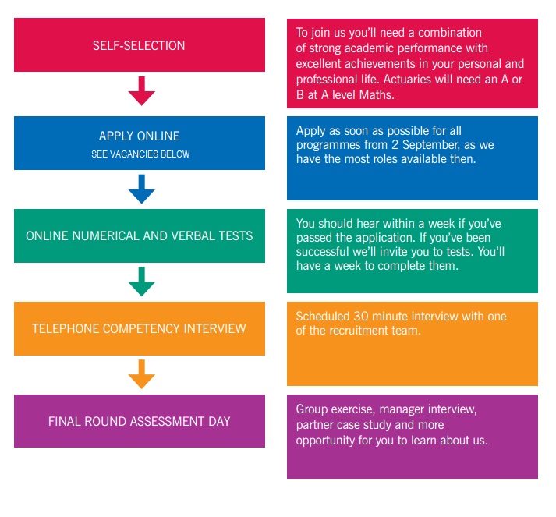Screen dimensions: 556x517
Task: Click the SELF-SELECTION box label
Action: pyautogui.click(x=139, y=46)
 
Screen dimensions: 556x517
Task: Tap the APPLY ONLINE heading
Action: pyautogui.click(x=139, y=136)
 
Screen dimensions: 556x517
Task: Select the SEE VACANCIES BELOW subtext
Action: pyautogui.click(x=140, y=154)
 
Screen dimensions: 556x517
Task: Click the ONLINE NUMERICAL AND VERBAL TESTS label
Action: pyautogui.click(x=139, y=235)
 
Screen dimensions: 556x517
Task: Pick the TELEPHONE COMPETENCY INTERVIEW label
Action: pyautogui.click(x=139, y=329)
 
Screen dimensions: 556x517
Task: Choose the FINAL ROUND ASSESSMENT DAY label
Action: pyautogui.click(x=139, y=421)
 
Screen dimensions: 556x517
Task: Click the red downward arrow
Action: pyautogui.click(x=141, y=90)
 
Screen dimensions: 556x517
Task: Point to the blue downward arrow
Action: pyautogui.click(x=141, y=189)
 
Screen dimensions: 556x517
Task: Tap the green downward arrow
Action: pyautogui.click(x=141, y=282)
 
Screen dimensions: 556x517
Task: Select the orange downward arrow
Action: pyautogui.click(x=141, y=374)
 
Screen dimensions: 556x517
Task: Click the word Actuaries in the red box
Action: pyautogui.click(x=407, y=79)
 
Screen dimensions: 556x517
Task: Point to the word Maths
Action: pyautogui.click(x=377, y=94)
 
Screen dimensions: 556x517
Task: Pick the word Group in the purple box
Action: pyautogui.click(x=312, y=409)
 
